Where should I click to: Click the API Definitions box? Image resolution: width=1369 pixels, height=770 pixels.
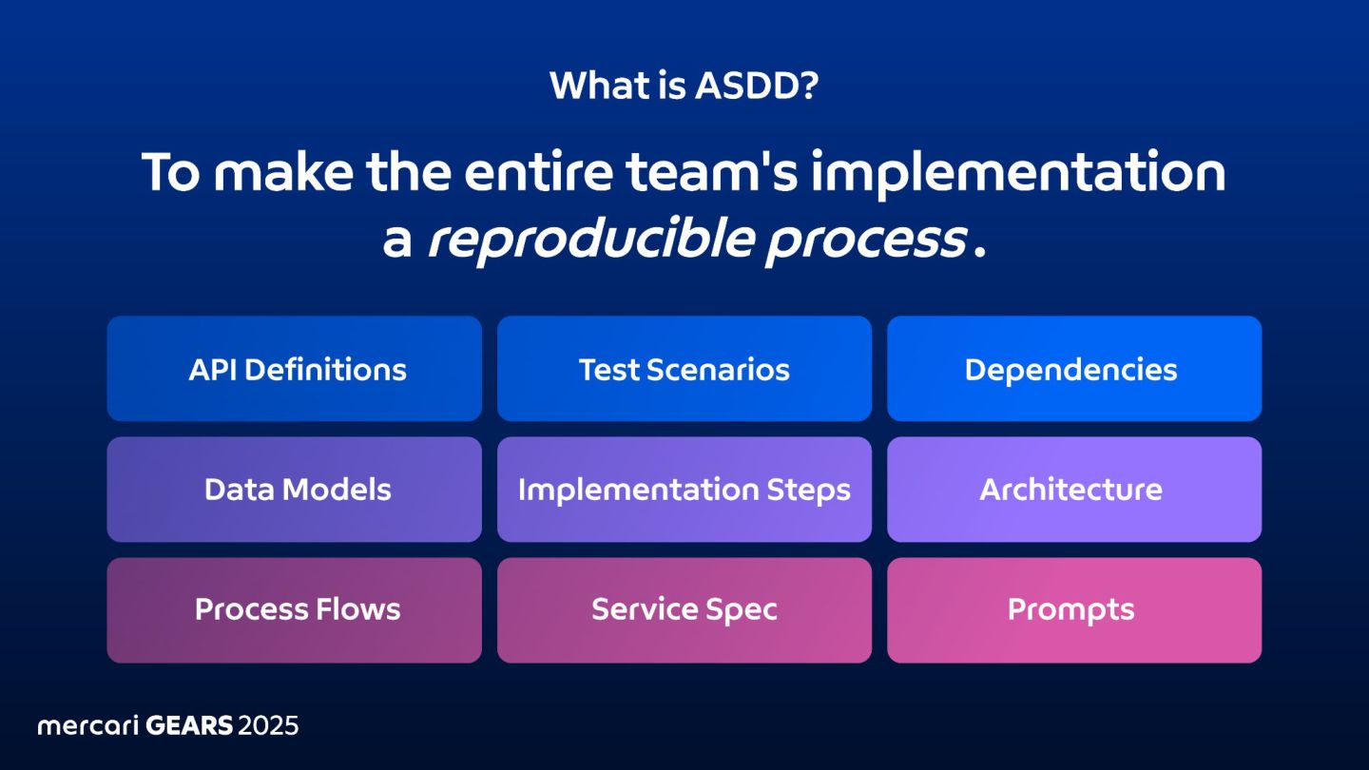point(294,369)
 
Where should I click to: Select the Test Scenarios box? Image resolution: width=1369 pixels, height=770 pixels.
point(684,369)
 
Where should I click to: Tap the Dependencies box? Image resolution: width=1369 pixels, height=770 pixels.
point(1074,369)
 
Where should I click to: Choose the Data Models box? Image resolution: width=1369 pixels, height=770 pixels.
point(294,489)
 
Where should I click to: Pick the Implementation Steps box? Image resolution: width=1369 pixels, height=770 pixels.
point(684,489)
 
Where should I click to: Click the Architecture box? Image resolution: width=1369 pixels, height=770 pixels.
point(1074,489)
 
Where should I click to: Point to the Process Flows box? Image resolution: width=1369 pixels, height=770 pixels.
point(294,610)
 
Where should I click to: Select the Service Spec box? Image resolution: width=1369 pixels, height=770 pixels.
point(684,610)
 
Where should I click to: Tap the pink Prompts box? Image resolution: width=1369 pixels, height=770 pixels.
point(1074,610)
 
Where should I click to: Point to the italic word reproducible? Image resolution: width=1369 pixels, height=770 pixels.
point(590,241)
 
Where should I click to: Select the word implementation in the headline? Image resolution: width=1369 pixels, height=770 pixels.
point(1018,174)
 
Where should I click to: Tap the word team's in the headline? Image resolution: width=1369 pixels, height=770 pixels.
point(711,172)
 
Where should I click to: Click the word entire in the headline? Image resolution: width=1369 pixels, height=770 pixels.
point(538,172)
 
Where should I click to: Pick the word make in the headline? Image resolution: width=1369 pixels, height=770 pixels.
point(283,172)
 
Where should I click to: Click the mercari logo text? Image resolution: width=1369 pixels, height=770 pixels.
point(88,725)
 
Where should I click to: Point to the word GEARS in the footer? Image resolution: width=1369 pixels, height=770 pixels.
point(189,725)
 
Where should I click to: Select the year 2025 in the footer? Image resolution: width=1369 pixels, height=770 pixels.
point(268,725)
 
